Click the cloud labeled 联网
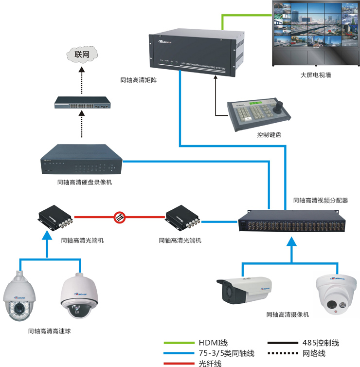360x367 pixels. (82, 54)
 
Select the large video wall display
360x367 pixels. (316, 32)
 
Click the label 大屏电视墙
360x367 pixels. (316, 76)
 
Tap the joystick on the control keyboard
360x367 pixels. (282, 106)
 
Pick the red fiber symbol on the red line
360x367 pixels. (120, 217)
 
